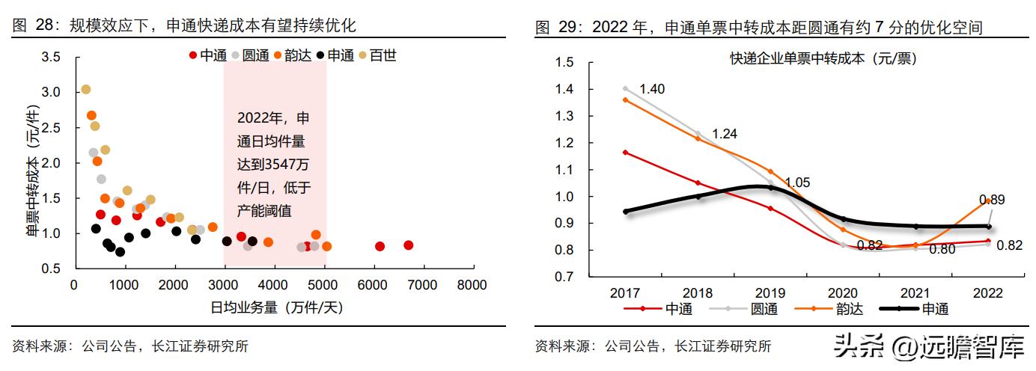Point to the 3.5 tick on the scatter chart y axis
tap(51, 57)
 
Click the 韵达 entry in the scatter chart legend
tap(298, 55)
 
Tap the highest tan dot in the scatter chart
tap(85, 90)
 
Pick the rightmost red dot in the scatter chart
tap(408, 245)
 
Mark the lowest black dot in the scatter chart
tap(120, 252)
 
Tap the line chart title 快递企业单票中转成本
tap(823, 58)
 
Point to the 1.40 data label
tap(652, 90)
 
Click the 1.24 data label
tap(724, 134)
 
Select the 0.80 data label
tap(942, 249)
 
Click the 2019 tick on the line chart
tap(771, 293)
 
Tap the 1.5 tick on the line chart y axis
tap(564, 62)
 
